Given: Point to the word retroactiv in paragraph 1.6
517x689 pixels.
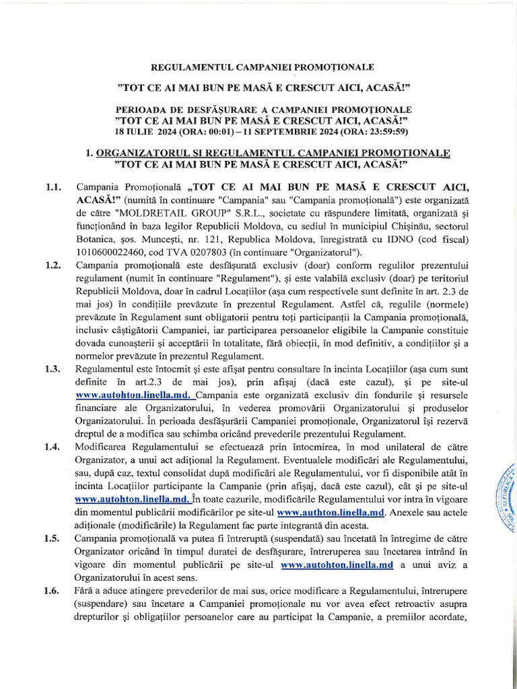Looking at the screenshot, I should click(x=405, y=603).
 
